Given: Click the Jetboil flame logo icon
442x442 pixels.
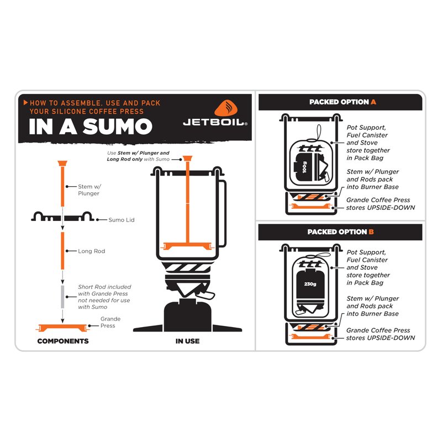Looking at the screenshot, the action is (226, 108).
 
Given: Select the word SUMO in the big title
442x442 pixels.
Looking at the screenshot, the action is (118, 127).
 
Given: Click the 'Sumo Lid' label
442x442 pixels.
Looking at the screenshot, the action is (122, 220).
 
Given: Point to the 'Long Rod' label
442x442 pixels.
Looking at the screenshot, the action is (91, 251).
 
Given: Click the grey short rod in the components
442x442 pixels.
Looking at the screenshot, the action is (62, 297).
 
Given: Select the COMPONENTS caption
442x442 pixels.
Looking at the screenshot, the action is (63, 341).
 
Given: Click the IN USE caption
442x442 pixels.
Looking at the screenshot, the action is (187, 341).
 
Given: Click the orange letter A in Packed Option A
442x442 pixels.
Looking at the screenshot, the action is (373, 102).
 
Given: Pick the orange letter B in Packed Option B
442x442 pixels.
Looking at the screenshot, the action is (371, 231).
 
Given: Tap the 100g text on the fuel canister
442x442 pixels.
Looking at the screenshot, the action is (304, 167).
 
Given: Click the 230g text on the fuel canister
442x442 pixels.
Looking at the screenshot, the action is (310, 284).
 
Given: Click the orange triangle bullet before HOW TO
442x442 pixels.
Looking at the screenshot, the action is (25, 102).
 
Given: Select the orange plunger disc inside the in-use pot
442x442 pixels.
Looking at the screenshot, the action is (187, 246).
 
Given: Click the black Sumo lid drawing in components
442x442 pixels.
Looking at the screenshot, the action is (62, 217).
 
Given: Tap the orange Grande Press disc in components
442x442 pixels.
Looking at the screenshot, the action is (62, 328).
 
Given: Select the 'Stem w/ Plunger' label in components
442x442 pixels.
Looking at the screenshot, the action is (90, 190).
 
